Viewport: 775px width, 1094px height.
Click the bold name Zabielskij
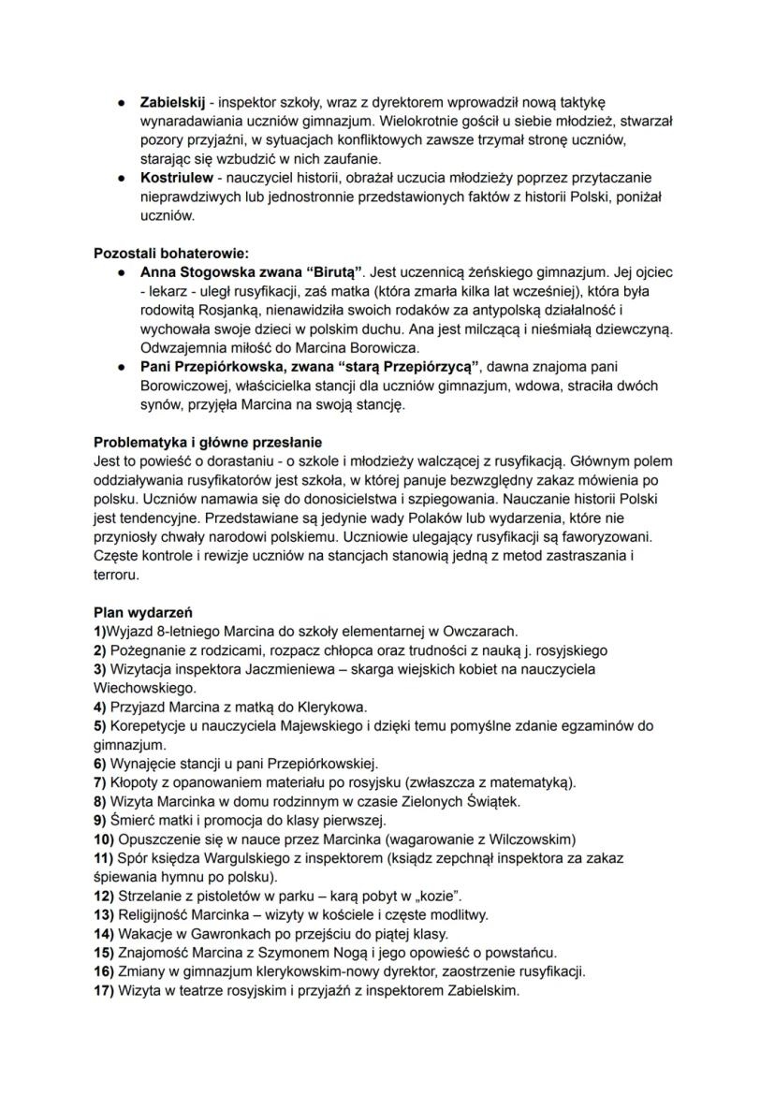[172, 100]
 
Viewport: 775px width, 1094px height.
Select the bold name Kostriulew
[175, 177]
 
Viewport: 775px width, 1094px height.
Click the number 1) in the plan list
[100, 631]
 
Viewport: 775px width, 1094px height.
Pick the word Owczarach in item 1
[485, 631]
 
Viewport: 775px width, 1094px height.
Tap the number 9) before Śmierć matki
[101, 820]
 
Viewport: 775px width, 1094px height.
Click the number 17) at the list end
[105, 990]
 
